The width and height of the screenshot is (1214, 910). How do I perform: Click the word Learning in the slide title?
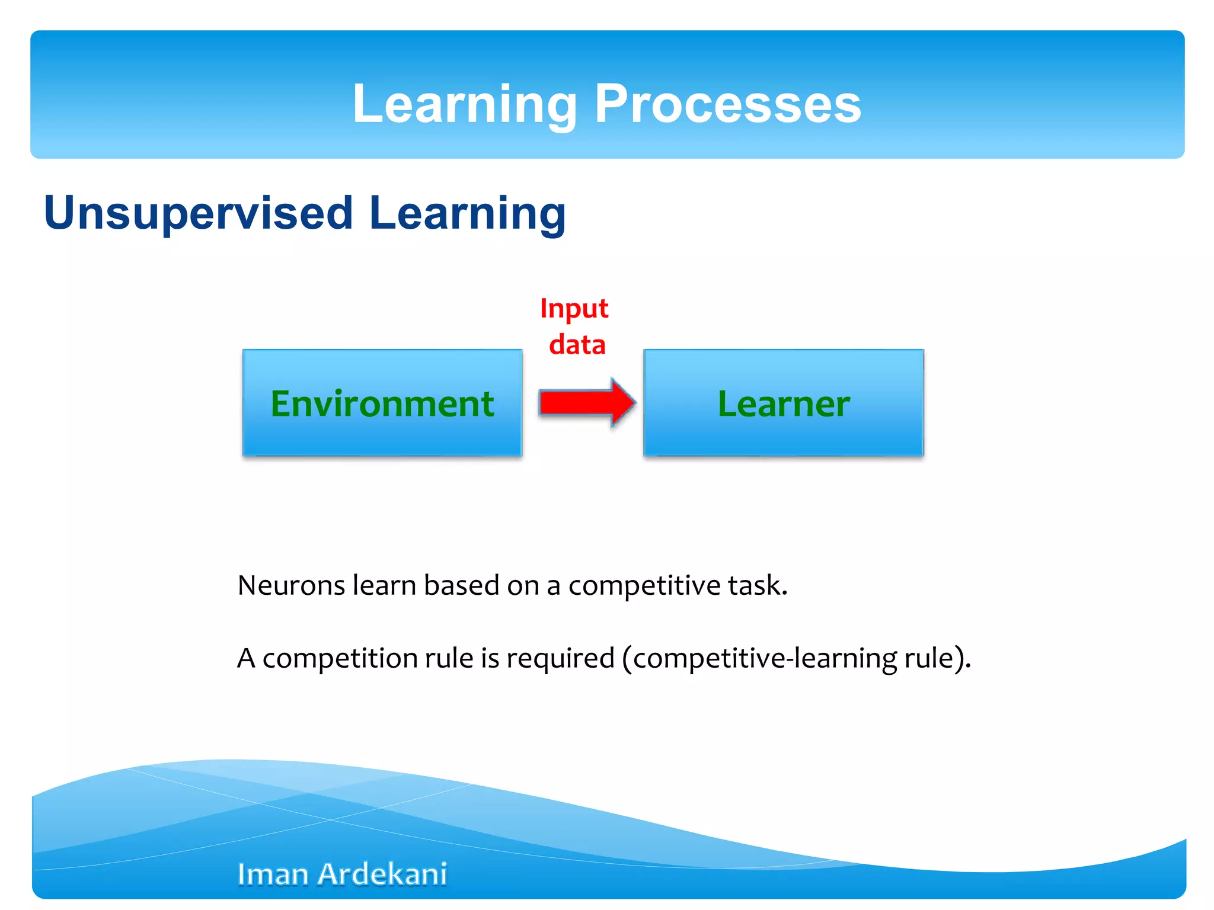[464, 104]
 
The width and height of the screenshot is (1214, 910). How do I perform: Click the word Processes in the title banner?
[727, 104]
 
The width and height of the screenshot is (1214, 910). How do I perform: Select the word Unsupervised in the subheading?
[199, 213]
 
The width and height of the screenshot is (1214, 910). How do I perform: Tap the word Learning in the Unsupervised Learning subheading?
[467, 213]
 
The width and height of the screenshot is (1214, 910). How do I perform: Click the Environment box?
[382, 403]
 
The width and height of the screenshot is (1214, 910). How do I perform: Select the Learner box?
[783, 403]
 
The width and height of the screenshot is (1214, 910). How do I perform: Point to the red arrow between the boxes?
[587, 403]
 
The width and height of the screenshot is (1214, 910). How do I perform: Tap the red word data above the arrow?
[577, 345]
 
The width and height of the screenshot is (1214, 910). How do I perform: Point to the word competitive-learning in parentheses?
[765, 658]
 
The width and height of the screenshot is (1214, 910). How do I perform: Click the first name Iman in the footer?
[273, 874]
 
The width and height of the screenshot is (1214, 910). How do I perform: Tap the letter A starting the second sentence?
[246, 658]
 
